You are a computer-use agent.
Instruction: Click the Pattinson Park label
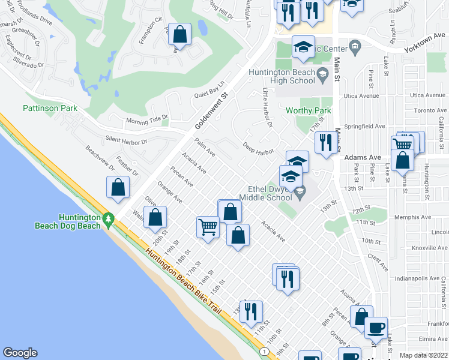point(50,109)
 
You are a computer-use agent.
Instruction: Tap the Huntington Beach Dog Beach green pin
point(108,220)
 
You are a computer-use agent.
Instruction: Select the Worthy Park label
point(309,111)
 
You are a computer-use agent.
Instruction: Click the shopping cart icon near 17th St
point(207,227)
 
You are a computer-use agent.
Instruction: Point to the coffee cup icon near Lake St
point(376,328)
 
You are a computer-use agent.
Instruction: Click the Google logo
point(20,353)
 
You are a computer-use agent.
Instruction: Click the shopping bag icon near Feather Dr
point(118,187)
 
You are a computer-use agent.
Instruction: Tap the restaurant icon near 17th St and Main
point(325,143)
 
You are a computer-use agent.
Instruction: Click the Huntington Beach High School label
point(282,76)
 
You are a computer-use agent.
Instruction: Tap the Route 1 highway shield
point(264,350)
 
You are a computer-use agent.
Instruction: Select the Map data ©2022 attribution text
point(423,355)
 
